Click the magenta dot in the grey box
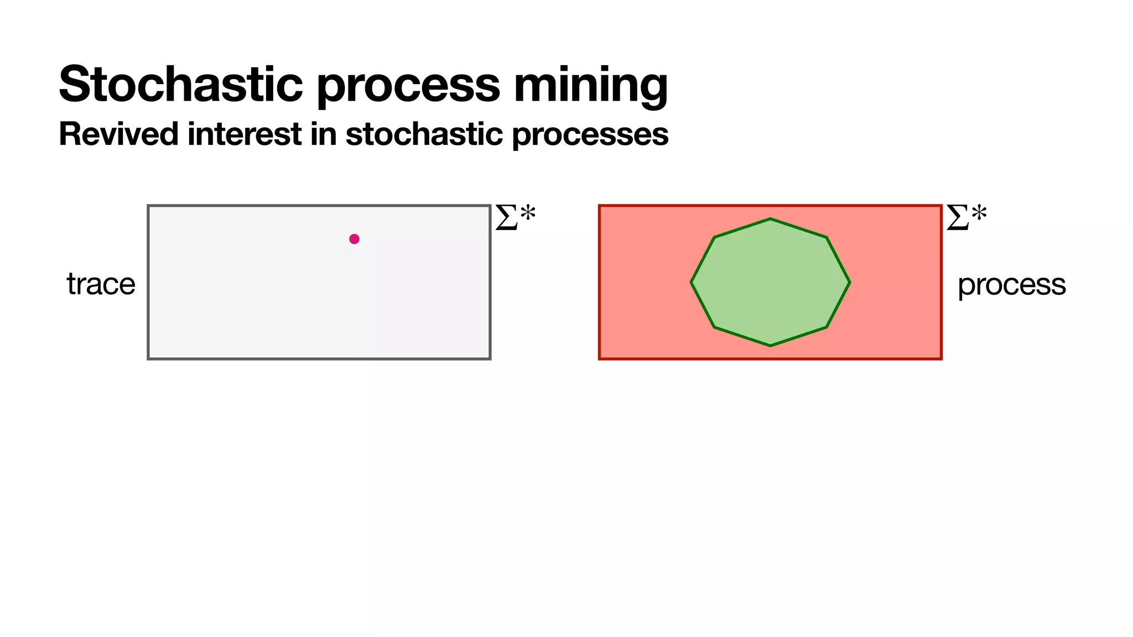click(x=354, y=239)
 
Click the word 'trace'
click(x=101, y=284)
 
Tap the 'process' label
click(x=1011, y=285)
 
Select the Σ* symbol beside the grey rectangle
click(x=515, y=217)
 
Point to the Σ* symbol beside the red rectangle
click(x=966, y=217)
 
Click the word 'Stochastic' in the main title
click(x=180, y=84)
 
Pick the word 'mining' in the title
click(x=590, y=85)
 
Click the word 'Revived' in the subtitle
click(x=118, y=134)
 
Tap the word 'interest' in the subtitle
click(x=244, y=134)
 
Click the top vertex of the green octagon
click(x=770, y=219)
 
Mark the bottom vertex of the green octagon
click(x=770, y=346)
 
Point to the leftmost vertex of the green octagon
click(x=691, y=283)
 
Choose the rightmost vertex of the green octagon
click(x=850, y=283)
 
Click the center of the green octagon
click(x=770, y=283)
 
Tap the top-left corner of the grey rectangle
click(x=148, y=206)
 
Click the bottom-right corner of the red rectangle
click(x=941, y=359)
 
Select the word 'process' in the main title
click(x=408, y=85)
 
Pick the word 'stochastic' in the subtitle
click(x=424, y=134)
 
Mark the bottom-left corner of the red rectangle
click(x=600, y=359)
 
